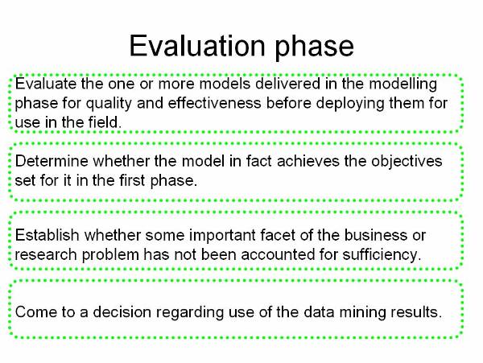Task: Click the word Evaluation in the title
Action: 197,46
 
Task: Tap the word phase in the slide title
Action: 314,47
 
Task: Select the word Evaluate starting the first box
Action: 46,84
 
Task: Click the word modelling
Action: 403,85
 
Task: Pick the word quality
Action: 109,104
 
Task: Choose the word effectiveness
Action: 214,103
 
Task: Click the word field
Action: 105,122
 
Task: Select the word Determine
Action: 52,161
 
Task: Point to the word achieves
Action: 308,161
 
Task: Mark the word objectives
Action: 407,162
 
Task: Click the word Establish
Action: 47,235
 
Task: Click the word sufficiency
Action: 382,255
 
